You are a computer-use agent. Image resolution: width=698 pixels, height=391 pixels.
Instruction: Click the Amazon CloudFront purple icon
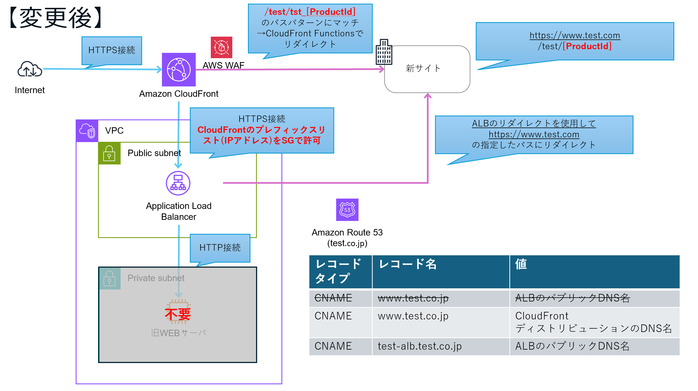tap(179, 70)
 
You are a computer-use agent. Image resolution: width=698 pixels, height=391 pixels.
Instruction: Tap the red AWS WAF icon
tap(221, 47)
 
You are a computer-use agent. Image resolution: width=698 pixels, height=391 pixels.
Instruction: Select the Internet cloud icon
tap(30, 69)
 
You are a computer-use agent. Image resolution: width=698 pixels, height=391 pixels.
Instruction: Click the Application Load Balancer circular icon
tap(178, 183)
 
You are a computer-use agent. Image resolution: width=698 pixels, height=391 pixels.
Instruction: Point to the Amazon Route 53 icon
tap(347, 210)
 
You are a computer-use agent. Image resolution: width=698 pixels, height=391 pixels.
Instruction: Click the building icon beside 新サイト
tap(384, 52)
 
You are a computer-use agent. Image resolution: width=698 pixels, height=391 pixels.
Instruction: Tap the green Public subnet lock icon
tap(109, 153)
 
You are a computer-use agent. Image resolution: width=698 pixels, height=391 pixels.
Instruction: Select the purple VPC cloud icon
tap(87, 131)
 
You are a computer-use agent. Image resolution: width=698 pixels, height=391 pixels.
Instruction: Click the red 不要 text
tap(178, 314)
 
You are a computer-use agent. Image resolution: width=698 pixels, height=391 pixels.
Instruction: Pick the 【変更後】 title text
tap(56, 18)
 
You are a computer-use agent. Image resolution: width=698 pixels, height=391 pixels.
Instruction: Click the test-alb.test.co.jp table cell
tap(420, 346)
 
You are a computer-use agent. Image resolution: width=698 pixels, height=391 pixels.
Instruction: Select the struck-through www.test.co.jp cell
tap(413, 298)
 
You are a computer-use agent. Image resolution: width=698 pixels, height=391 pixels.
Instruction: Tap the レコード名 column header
tap(408, 264)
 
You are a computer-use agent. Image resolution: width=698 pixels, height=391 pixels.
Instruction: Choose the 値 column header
tap(521, 264)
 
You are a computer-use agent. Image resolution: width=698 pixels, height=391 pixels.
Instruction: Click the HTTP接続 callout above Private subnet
tap(220, 248)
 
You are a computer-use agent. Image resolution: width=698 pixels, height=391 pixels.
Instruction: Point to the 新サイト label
tap(423, 68)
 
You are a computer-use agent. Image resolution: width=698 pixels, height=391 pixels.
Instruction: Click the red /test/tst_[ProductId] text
tap(310, 12)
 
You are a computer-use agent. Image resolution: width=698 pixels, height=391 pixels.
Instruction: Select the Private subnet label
tap(156, 278)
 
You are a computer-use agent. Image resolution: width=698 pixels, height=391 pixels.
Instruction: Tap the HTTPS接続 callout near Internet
tap(112, 50)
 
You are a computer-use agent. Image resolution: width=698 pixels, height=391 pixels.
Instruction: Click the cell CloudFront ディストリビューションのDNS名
tap(593, 322)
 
